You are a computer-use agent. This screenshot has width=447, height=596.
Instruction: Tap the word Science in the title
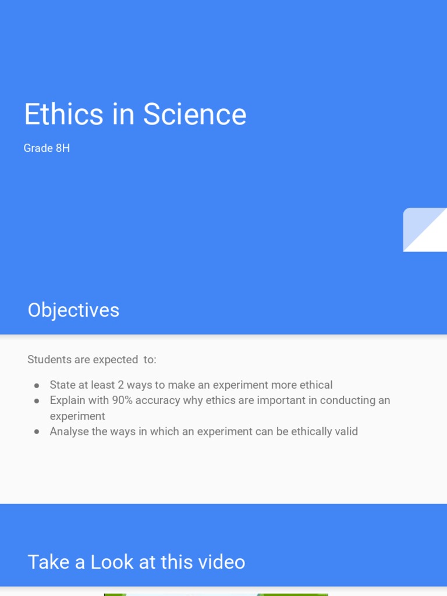194,114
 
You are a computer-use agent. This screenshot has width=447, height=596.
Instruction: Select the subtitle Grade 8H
47,148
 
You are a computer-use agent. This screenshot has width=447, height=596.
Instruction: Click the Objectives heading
73,310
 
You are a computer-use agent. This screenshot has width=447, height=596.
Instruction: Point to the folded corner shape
425,230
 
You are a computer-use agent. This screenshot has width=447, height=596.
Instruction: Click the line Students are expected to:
91,360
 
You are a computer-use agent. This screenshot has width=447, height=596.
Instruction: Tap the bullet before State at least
37,385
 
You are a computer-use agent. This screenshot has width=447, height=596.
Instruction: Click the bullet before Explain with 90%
37,401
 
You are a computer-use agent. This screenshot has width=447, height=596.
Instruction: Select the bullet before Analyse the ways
37,432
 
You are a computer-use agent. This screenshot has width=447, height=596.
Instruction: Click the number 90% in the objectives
123,400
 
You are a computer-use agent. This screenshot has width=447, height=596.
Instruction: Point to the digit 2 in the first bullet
120,385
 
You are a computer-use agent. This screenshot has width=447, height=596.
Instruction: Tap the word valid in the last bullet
345,431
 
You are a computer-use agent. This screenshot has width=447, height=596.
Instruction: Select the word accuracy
158,400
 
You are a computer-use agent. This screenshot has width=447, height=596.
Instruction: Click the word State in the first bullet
62,385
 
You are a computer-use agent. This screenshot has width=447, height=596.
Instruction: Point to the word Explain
68,400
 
